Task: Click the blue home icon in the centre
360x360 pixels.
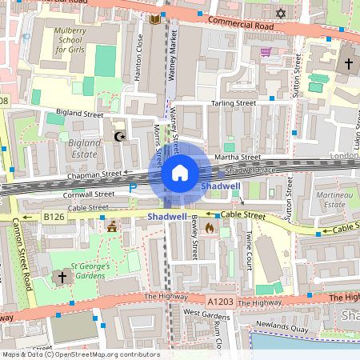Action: [x=180, y=173]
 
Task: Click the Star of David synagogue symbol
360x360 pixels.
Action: [x=280, y=14]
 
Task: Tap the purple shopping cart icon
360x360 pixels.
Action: [x=265, y=52]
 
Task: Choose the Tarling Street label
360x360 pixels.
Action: [x=233, y=103]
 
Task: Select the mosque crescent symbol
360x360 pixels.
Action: [x=121, y=137]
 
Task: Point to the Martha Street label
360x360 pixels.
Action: [x=242, y=158]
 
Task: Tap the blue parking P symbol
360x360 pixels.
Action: [x=133, y=187]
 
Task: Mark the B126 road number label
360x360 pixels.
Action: [x=54, y=216]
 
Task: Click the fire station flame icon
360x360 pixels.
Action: [x=210, y=228]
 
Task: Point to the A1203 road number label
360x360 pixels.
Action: [x=221, y=302]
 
